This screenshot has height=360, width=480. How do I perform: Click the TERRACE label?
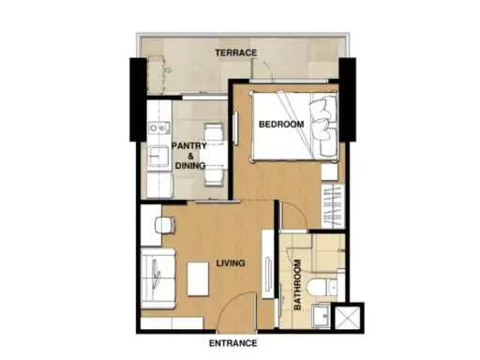coord(236,52)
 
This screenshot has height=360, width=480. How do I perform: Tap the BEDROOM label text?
coord(281,125)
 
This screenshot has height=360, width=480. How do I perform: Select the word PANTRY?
coord(189,146)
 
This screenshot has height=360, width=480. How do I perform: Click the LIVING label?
coord(231,263)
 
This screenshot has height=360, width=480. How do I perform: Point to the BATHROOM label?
coord(298,285)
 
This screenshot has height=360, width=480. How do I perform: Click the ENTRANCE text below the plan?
coord(233,343)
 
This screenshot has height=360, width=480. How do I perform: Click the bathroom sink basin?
coord(321,316)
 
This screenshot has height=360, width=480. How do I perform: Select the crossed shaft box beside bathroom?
coord(347,318)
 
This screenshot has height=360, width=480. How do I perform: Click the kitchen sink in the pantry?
coord(158,156)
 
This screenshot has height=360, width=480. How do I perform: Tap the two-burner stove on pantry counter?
coord(159,127)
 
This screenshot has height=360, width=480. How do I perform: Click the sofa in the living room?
coord(157,278)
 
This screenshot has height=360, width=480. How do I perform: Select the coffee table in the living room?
coord(198,279)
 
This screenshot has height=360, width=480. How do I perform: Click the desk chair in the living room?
coord(165,225)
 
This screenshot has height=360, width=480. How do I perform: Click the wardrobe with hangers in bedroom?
coord(333,206)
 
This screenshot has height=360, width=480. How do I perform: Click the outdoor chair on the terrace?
coord(158,75)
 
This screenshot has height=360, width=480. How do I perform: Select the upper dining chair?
coord(214,131)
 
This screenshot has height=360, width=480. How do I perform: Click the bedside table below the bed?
coord(330,172)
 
